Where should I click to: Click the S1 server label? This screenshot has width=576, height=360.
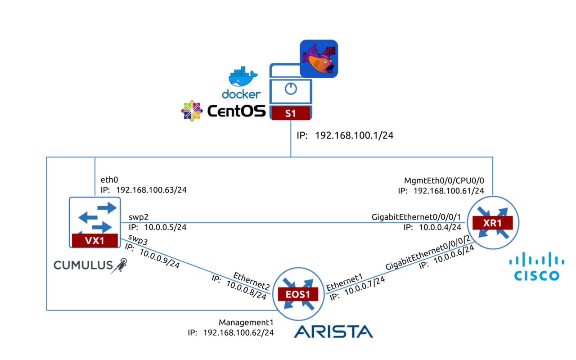click(x=290, y=113)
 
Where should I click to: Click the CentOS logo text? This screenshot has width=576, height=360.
click(x=236, y=111)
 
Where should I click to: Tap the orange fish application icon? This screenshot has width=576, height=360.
click(x=319, y=59)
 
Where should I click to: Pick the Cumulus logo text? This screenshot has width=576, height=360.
click(x=83, y=265)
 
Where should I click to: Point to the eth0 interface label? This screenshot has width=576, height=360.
click(x=109, y=180)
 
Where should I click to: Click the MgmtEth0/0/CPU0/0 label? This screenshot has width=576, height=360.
click(x=450, y=181)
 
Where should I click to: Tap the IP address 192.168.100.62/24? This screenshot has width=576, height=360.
click(x=238, y=333)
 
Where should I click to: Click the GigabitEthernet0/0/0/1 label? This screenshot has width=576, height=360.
click(x=416, y=217)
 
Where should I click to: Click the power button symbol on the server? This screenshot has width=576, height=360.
click(x=291, y=89)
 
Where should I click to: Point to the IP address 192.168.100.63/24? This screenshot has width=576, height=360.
click(x=151, y=190)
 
